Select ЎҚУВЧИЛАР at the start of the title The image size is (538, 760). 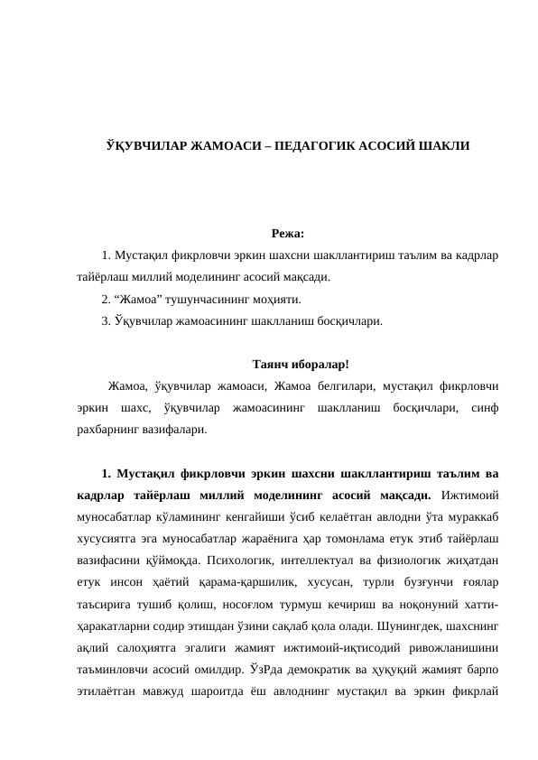pyautogui.click(x=143, y=145)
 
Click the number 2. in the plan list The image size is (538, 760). pyautogui.click(x=107, y=300)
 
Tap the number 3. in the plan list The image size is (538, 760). pyautogui.click(x=107, y=320)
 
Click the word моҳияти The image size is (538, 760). pyautogui.click(x=275, y=300)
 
